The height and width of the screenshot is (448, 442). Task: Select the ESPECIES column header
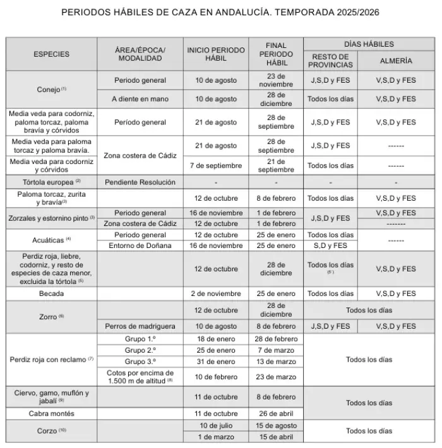pyautogui.click(x=51, y=54)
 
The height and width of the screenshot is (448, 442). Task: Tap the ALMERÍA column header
pyautogui.click(x=396, y=61)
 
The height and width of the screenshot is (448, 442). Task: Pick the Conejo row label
pyautogui.click(x=51, y=90)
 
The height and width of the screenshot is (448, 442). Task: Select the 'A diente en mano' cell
pyautogui.click(x=140, y=99)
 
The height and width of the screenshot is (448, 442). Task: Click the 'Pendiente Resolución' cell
pyautogui.click(x=140, y=182)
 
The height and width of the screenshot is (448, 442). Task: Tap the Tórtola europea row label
pyautogui.click(x=51, y=182)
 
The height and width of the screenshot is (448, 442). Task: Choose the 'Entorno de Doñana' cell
pyautogui.click(x=140, y=245)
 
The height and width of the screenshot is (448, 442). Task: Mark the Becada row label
pyautogui.click(x=51, y=293)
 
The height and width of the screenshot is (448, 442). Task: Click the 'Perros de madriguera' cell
pyautogui.click(x=140, y=326)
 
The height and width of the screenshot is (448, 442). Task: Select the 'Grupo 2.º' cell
pyautogui.click(x=140, y=350)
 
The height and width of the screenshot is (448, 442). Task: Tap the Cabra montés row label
pyautogui.click(x=51, y=414)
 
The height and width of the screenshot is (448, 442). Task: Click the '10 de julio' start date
pyautogui.click(x=216, y=425)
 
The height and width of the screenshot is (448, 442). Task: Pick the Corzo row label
pyautogui.click(x=51, y=431)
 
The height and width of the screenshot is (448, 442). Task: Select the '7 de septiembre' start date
pyautogui.click(x=216, y=165)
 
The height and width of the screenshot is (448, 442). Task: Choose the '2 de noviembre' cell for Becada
pyautogui.click(x=216, y=293)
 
